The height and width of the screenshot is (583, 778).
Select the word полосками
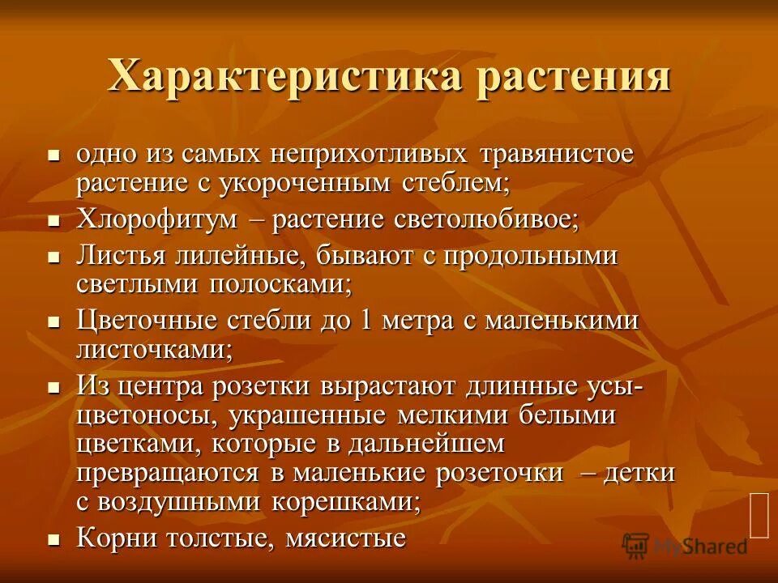282,285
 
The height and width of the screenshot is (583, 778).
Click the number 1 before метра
365,320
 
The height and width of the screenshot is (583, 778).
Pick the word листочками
154,350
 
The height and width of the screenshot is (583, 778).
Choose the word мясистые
345,538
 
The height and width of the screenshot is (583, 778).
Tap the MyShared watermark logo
686,546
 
